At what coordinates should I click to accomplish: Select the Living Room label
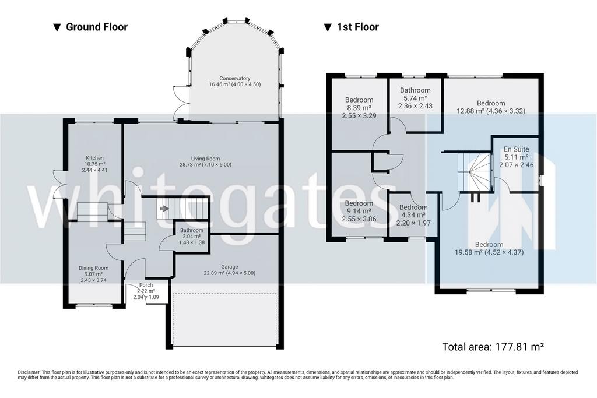pos(206,159)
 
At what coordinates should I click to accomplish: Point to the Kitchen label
pos(95,158)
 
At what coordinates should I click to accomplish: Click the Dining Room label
pos(94,268)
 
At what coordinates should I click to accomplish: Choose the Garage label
pos(230,267)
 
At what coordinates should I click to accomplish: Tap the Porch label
pos(146,284)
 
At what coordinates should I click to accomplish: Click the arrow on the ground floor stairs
pos(164,209)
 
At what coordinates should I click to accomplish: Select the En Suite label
pos(517,149)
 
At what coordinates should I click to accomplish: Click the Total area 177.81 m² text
pos(493,347)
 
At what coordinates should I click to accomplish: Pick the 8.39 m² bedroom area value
pos(359,108)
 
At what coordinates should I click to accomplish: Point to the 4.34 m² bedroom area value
pos(413,215)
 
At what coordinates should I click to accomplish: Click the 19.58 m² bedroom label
pos(489,248)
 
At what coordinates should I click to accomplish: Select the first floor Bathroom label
pos(415,90)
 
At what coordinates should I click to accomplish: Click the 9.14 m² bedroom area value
pos(359,211)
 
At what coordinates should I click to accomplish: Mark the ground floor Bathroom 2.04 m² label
pos(192,233)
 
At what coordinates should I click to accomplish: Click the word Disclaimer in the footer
pos(29,372)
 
